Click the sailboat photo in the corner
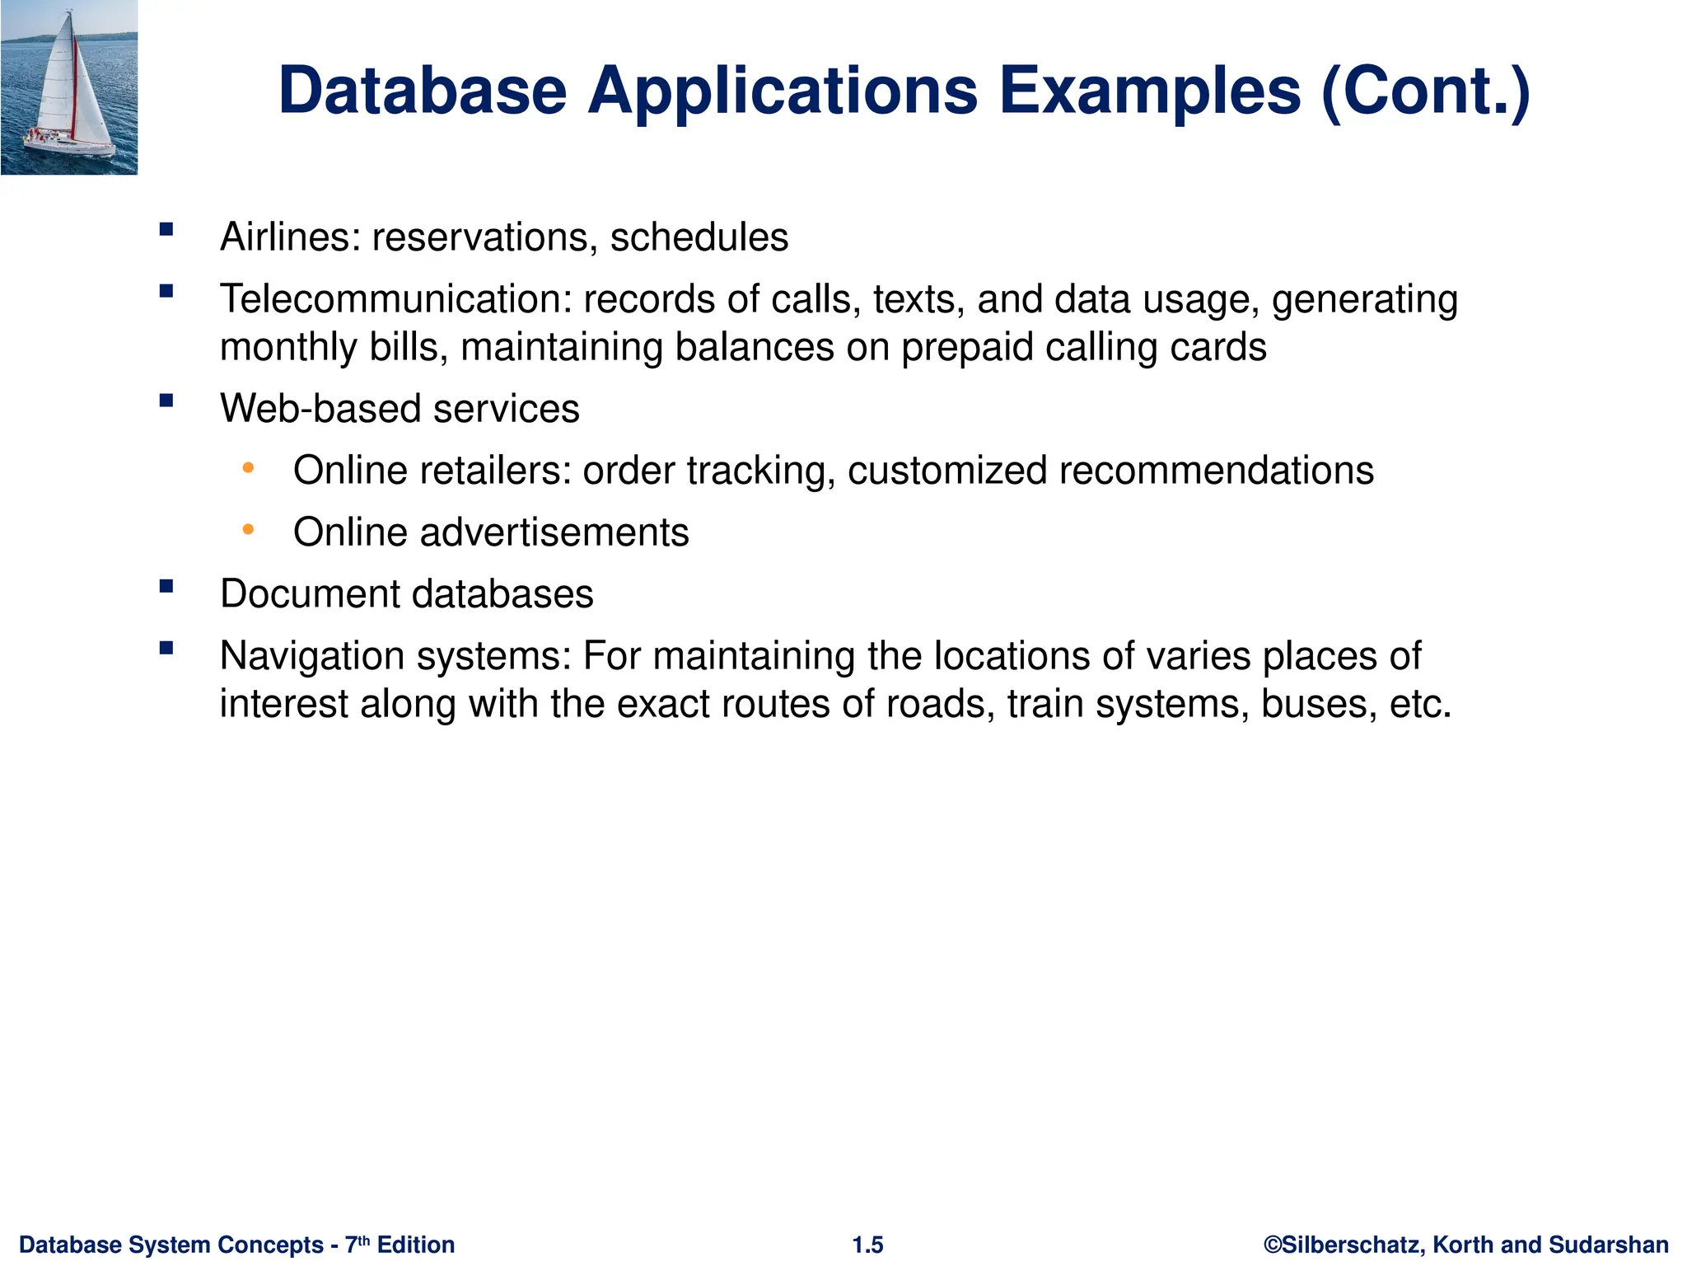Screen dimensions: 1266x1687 click(x=69, y=87)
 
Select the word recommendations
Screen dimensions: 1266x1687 click(x=1217, y=471)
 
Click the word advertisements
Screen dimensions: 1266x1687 click(x=554, y=532)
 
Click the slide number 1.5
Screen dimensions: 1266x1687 click(x=867, y=1245)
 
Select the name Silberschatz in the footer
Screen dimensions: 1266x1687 click(x=1352, y=1245)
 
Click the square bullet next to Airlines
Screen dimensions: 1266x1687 click(x=167, y=229)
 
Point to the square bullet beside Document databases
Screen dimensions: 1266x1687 click(x=167, y=586)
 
